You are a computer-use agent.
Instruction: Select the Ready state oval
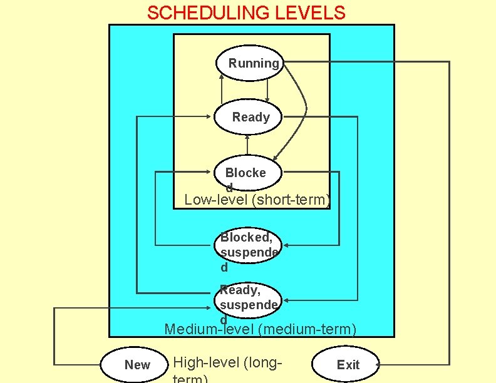(249, 117)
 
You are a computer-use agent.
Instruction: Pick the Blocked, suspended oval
(249, 245)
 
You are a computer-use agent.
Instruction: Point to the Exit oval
(348, 364)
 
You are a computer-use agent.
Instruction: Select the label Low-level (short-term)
(257, 200)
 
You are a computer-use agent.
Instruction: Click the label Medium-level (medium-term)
(260, 329)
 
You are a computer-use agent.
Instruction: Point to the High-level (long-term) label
(227, 363)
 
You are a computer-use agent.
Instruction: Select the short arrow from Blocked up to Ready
(247, 145)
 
